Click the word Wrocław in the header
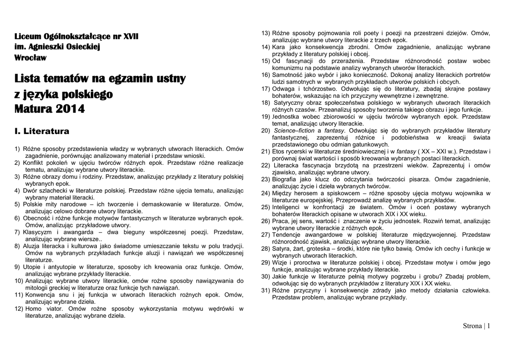point(30,58)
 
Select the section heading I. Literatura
point(42,132)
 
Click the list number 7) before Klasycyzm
point(18,231)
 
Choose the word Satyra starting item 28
point(281,248)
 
